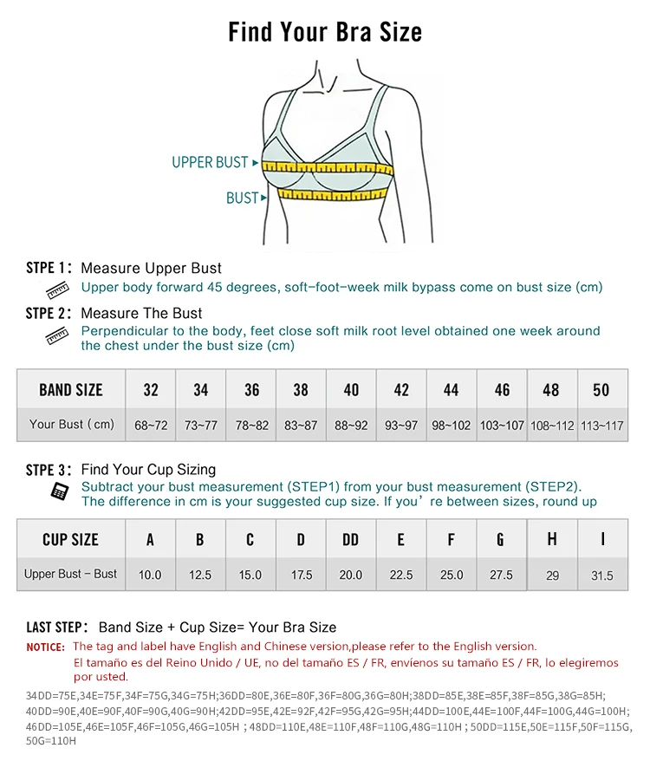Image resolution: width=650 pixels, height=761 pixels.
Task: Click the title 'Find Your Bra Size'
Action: [x=325, y=33]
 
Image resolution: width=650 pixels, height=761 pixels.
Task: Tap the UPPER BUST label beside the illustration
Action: [x=210, y=163]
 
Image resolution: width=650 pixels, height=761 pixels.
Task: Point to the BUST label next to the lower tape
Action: [x=242, y=198]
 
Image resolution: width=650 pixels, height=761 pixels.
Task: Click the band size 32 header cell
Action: [x=151, y=390]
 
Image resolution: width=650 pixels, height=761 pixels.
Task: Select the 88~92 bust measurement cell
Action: [x=351, y=426]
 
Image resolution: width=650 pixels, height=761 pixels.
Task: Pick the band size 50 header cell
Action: [x=601, y=390]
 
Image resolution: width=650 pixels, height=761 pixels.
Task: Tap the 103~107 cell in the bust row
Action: [x=502, y=426]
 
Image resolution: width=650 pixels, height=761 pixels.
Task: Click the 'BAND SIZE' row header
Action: [x=71, y=390]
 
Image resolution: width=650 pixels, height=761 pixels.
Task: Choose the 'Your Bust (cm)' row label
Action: [x=71, y=425]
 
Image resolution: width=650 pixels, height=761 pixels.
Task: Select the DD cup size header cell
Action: [x=350, y=540]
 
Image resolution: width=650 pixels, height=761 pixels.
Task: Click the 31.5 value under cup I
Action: [x=601, y=576]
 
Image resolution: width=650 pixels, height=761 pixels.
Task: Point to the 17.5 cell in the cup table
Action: [x=301, y=575]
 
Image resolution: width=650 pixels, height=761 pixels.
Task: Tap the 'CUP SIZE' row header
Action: [x=71, y=540]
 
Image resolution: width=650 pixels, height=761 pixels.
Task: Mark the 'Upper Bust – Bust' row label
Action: [x=71, y=574]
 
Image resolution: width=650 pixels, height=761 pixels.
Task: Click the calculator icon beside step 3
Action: [x=59, y=491]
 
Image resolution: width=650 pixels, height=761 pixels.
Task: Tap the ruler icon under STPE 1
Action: [x=57, y=289]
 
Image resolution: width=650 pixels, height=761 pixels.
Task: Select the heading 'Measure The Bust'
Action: [x=141, y=313]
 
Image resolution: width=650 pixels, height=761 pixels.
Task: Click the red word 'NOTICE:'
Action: [x=45, y=647]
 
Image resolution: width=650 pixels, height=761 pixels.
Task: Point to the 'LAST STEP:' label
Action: [x=56, y=628]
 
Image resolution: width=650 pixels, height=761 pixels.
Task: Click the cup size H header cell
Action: [x=552, y=540]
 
